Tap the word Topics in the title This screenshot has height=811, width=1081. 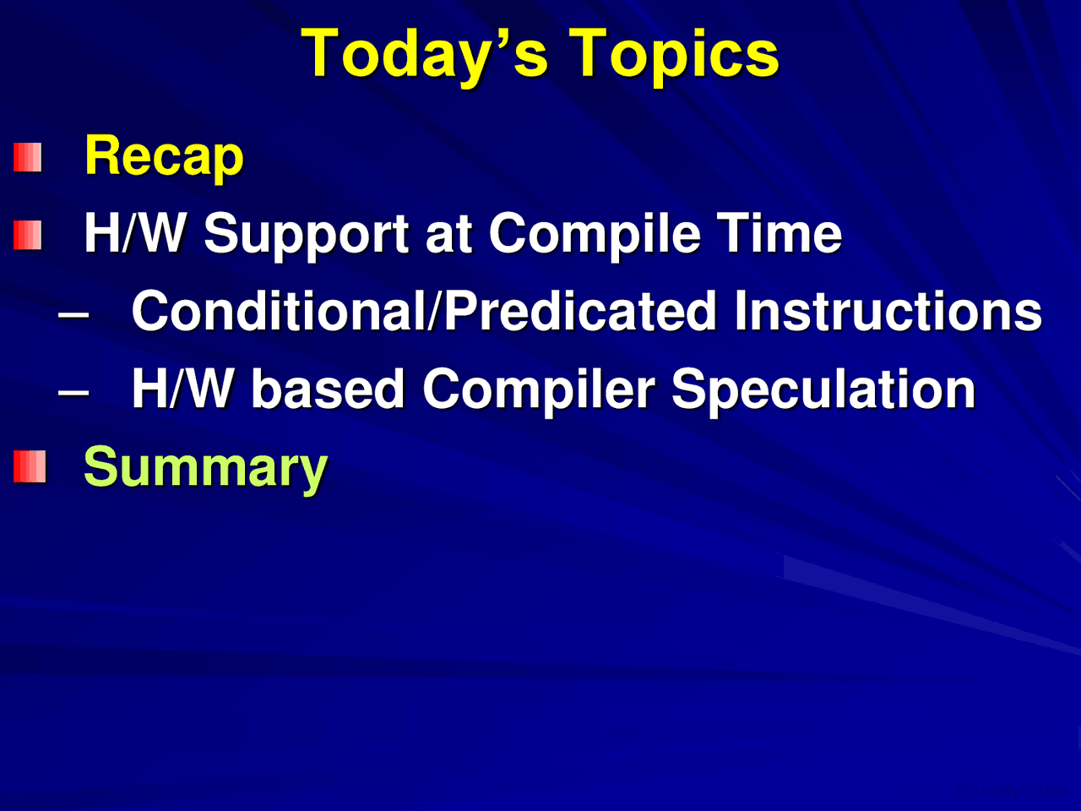click(673, 54)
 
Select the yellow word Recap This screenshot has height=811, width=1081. click(164, 157)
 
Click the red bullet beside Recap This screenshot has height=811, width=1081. click(28, 157)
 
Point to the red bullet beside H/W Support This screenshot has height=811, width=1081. click(28, 235)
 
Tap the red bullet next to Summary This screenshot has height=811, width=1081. click(30, 466)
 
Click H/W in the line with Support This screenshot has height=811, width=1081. click(134, 233)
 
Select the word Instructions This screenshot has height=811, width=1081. click(888, 311)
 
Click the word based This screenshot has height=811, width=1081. click(329, 389)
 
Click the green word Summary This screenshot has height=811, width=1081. click(205, 468)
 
